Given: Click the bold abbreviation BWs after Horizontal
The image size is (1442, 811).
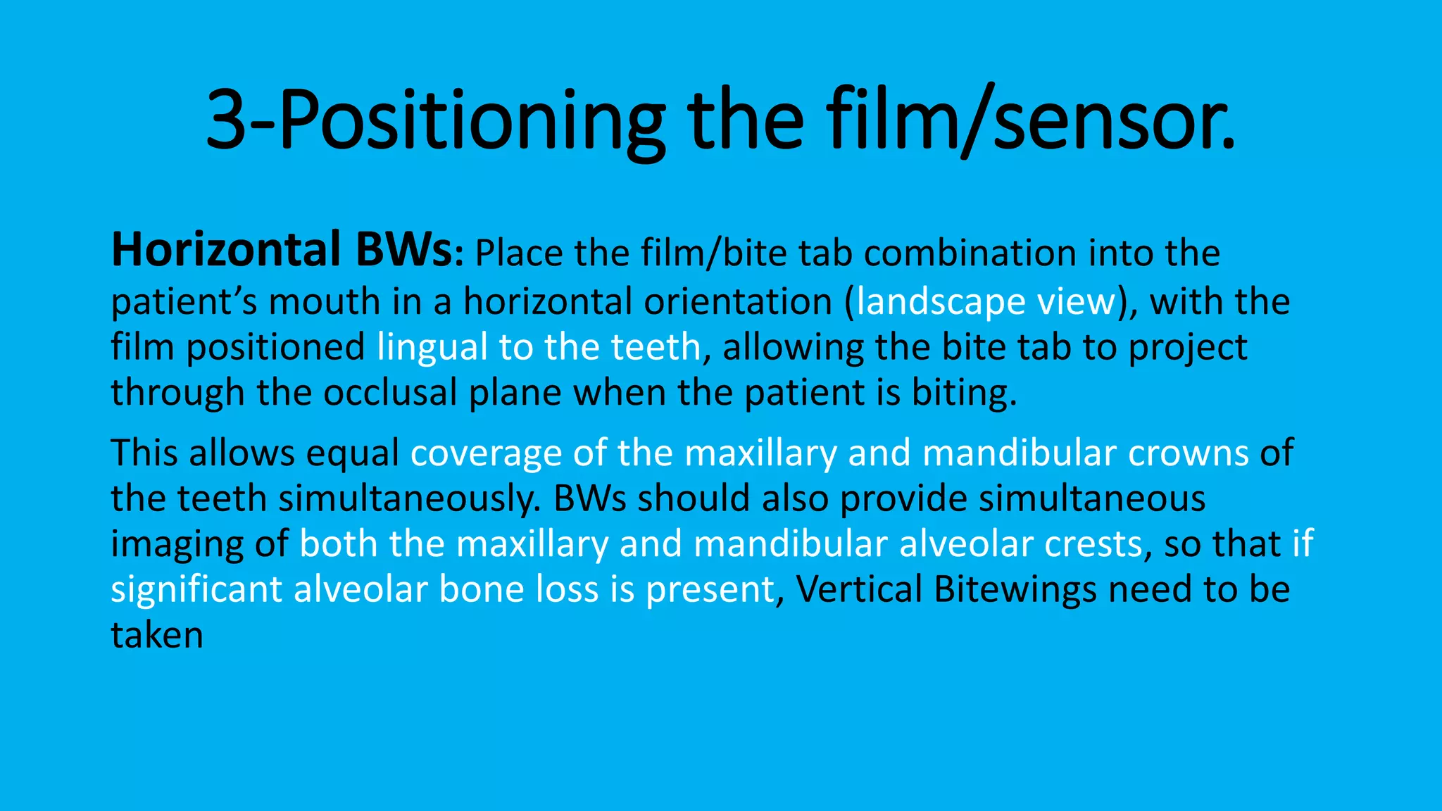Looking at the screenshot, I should (404, 251).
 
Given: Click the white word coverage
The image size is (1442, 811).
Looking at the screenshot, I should (486, 453).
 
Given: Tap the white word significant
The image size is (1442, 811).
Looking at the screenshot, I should (196, 589).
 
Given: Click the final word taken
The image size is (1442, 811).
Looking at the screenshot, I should (157, 635).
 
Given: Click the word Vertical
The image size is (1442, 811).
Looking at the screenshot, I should (859, 589).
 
